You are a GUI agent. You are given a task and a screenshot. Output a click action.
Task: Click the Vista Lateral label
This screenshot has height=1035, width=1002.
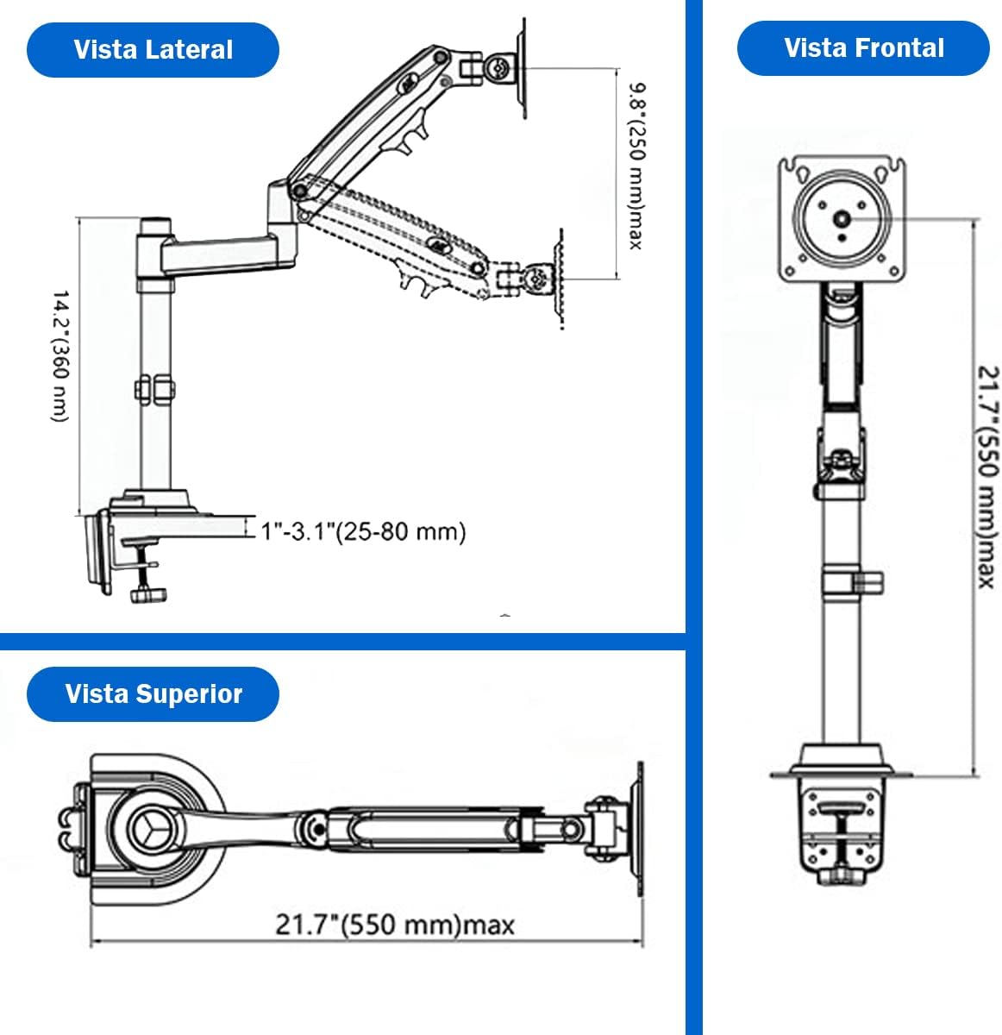(153, 49)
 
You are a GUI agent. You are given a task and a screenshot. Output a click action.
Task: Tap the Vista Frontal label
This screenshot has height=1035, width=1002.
(864, 47)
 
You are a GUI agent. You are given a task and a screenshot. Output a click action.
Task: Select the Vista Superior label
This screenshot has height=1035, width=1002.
(153, 694)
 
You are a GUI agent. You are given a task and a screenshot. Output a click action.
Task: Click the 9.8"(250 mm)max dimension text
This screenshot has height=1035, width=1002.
(636, 166)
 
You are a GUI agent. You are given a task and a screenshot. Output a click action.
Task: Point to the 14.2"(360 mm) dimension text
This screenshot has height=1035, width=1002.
(60, 356)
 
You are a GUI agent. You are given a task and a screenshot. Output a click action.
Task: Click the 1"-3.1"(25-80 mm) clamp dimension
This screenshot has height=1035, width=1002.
(363, 531)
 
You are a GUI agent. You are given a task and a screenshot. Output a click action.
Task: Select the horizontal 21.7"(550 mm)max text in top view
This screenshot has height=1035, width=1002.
(395, 925)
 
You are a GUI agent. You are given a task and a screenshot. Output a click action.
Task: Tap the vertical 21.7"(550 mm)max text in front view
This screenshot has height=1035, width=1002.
(988, 477)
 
